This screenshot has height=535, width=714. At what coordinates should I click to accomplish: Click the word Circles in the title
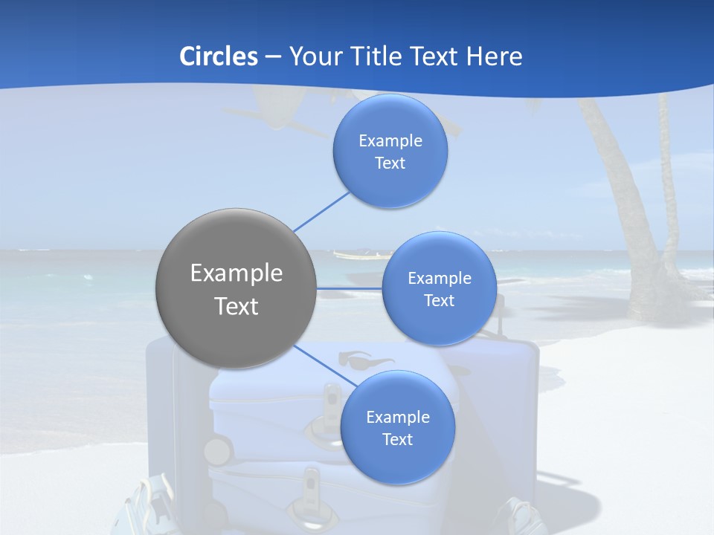click(x=219, y=56)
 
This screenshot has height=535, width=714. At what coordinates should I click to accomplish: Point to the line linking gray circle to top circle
click(x=321, y=211)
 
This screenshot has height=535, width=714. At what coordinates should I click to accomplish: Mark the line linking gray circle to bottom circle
click(x=325, y=366)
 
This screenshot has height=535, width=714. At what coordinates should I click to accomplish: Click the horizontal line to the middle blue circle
click(x=350, y=288)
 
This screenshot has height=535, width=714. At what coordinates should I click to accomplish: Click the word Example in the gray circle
click(x=237, y=273)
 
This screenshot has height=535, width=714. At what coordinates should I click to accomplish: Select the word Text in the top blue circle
click(x=390, y=163)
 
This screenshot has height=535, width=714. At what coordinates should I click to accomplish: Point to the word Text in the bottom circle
click(x=398, y=440)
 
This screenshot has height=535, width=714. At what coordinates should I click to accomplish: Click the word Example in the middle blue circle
click(x=440, y=279)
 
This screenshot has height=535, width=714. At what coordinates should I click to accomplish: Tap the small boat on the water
click(x=353, y=255)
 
